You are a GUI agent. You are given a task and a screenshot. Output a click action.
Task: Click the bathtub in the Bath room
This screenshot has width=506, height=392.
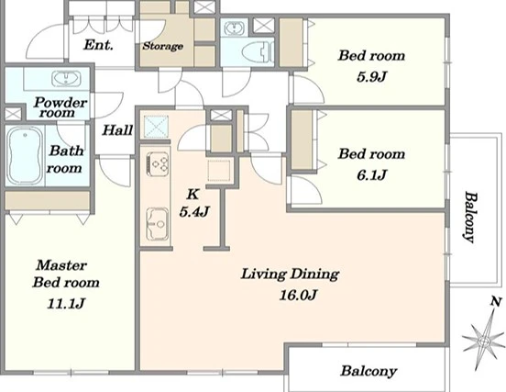(25, 156)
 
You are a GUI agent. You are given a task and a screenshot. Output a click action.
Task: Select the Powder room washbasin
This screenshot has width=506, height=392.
(67, 79)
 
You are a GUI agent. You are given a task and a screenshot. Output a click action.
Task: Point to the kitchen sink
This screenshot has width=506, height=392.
(158, 224)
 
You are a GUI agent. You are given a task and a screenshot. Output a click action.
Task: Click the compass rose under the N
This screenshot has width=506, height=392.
(483, 340)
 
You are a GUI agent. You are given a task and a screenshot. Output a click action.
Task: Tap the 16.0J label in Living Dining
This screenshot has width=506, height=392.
(298, 295)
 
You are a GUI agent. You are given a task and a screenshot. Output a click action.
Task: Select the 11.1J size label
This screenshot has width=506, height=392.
(66, 303)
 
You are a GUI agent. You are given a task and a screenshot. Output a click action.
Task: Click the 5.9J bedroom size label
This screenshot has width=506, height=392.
(371, 76)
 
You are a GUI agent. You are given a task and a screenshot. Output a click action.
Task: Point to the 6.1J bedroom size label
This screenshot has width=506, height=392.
(371, 175)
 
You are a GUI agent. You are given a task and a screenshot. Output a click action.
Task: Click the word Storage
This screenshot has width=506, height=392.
(163, 46)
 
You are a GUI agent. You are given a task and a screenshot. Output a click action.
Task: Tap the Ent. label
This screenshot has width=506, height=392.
(98, 45)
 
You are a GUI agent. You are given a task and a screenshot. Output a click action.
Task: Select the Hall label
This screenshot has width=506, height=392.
(117, 130)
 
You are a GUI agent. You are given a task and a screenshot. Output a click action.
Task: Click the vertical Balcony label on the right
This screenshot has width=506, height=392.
(470, 217)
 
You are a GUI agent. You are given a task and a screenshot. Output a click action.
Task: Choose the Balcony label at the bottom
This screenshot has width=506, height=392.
(368, 371)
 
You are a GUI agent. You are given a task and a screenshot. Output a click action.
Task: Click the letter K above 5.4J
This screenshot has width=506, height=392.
(192, 195)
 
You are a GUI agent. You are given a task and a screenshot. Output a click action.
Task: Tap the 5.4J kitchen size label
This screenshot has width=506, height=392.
(194, 212)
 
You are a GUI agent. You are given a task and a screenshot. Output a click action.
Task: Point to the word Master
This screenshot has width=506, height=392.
(61, 265)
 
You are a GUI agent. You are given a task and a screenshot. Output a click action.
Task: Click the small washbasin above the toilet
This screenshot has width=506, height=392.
(234, 28)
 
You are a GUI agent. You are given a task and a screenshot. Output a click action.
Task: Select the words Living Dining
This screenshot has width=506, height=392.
(290, 274)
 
